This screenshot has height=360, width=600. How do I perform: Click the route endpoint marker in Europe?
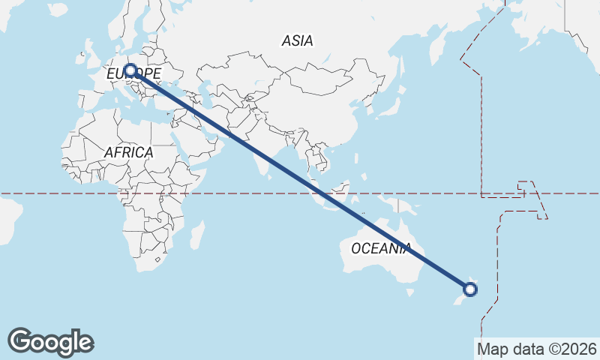pyautogui.click(x=130, y=70)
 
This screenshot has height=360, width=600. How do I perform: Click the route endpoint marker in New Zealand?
pyautogui.click(x=471, y=288)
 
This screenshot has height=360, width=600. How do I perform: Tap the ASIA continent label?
pyautogui.click(x=298, y=41)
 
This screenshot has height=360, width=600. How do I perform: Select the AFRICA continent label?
pyautogui.click(x=128, y=152)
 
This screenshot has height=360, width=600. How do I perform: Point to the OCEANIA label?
pyautogui.click(x=381, y=248)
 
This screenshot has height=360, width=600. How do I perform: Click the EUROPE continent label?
pyautogui.click(x=133, y=73)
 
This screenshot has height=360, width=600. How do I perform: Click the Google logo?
pyautogui.click(x=50, y=342)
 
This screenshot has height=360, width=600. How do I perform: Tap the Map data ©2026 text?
pyautogui.click(x=537, y=349)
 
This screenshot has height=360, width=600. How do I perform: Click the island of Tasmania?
pyautogui.click(x=409, y=292)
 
